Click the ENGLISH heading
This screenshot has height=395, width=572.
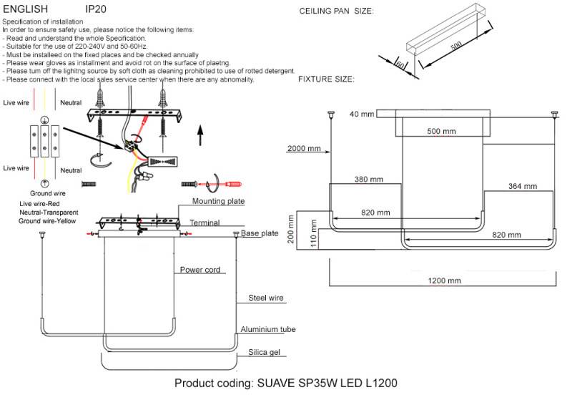tap(26, 9)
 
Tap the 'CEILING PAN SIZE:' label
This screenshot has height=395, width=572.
tap(335, 11)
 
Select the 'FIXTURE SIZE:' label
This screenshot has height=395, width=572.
tap(326, 79)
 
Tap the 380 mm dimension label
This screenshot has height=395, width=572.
tap(368, 179)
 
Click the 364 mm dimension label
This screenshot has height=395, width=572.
tap(522, 186)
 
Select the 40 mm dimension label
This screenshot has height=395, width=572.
tap(362, 114)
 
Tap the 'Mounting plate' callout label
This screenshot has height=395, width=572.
tap(217, 201)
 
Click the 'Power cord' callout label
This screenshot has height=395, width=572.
tap(199, 270)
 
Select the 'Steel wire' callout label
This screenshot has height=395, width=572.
tap(265, 297)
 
